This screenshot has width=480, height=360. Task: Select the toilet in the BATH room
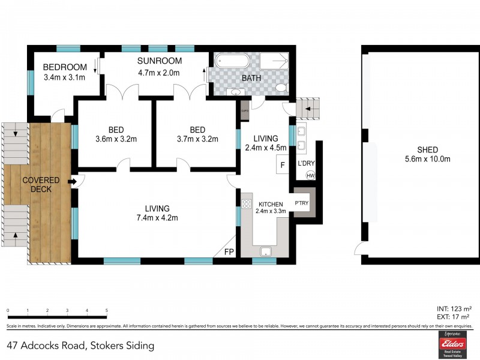279,88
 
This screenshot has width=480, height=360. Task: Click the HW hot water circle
310,175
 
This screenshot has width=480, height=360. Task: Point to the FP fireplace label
229,253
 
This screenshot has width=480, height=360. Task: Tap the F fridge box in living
282,165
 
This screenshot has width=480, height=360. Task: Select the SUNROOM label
159,61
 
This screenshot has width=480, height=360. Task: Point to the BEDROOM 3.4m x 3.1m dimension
64,77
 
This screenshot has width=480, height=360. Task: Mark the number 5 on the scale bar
107,311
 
